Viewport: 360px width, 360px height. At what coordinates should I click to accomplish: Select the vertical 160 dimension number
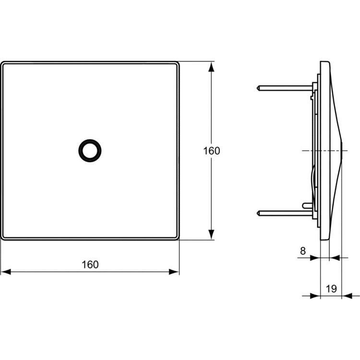[211, 151]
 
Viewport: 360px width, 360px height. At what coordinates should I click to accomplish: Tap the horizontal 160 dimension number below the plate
[90, 264]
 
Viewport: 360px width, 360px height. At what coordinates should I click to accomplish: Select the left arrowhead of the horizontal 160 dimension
[6, 272]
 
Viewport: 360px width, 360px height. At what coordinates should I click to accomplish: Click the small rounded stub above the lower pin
[305, 205]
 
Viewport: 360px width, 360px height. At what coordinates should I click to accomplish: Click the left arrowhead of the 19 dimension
[315, 296]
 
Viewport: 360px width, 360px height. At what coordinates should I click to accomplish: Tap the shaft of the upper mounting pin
[286, 88]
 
